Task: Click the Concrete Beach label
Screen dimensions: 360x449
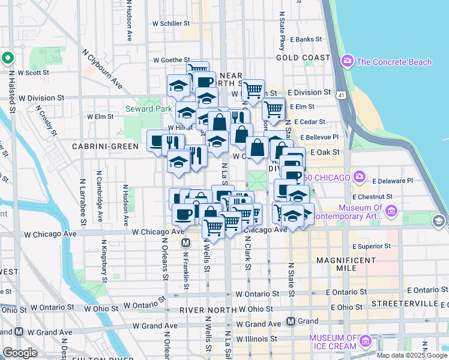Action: click(x=394, y=61)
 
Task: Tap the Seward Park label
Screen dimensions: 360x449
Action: click(x=140, y=109)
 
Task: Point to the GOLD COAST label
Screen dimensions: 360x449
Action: click(x=303, y=58)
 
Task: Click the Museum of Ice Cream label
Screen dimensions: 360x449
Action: click(x=333, y=341)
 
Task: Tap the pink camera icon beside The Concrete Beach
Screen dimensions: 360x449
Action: click(x=347, y=61)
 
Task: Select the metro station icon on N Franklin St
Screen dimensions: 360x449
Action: click(x=185, y=243)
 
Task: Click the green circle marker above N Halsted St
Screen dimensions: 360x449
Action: click(x=8, y=58)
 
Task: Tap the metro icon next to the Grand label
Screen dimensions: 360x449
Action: click(x=291, y=321)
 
